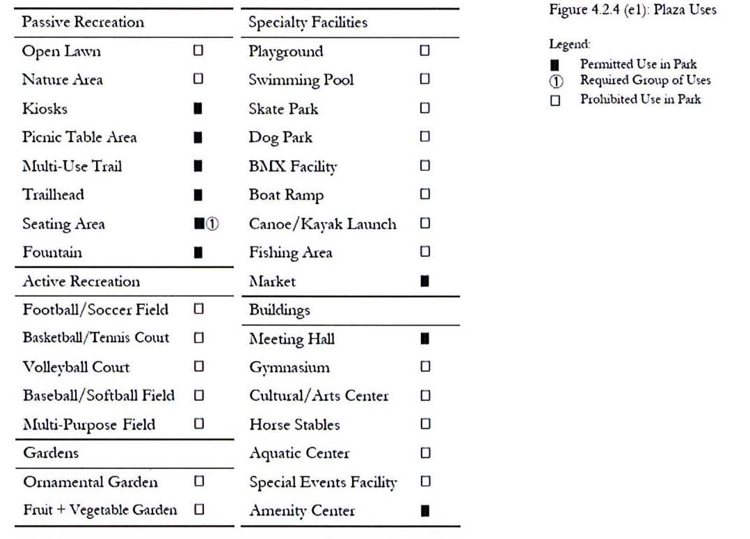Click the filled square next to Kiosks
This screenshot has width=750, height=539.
pos(198,108)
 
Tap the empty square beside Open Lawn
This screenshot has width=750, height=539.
pos(198,50)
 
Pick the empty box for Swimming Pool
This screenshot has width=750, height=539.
pos(424,79)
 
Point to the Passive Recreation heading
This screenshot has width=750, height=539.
pos(83,22)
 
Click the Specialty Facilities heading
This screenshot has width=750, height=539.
pos(308,23)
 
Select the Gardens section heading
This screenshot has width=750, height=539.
pos(51,453)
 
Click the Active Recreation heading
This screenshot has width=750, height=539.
pos(81,282)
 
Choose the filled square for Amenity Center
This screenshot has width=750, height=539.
pos(425,510)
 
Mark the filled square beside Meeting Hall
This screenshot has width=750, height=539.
pos(425,338)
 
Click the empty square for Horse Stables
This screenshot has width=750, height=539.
pos(425,424)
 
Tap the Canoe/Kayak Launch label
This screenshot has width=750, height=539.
pos(322,224)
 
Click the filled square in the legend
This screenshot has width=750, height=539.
pos(555,65)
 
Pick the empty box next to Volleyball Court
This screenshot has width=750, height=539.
pos(199,366)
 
